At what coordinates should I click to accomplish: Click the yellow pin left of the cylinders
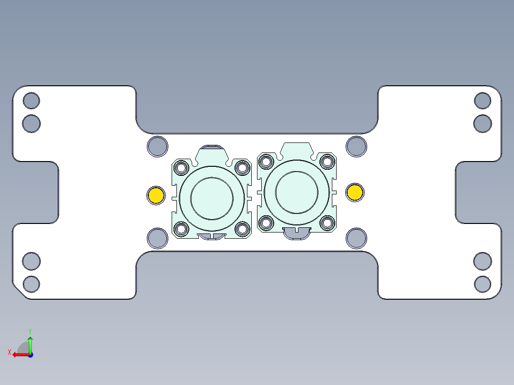click(x=156, y=195)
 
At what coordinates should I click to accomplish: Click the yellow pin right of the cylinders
click(x=355, y=192)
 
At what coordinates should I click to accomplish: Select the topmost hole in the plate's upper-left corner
click(x=31, y=101)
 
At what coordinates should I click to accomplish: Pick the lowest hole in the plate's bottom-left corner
click(x=31, y=284)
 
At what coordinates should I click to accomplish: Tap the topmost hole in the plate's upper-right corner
click(x=483, y=101)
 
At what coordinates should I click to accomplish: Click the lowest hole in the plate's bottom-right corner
click(x=483, y=284)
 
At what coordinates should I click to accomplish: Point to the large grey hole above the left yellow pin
click(x=157, y=146)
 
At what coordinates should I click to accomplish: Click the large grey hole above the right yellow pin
click(x=356, y=146)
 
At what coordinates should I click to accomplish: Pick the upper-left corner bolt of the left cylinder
click(x=182, y=168)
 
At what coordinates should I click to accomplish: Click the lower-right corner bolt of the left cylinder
click(x=242, y=229)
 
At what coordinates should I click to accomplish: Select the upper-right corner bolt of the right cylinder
click(x=327, y=161)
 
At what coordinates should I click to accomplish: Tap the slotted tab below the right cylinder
click(x=297, y=233)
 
